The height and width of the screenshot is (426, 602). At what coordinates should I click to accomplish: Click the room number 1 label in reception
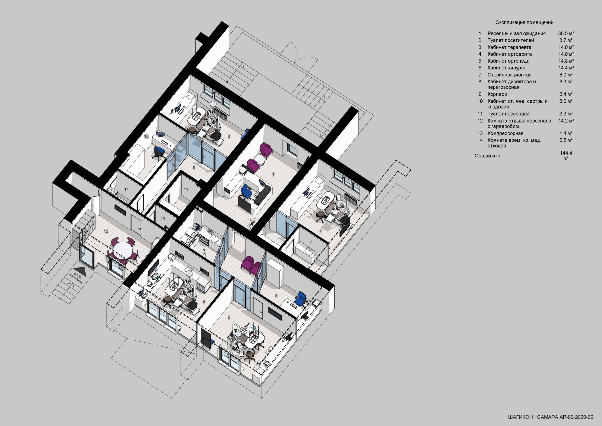coord(273,174)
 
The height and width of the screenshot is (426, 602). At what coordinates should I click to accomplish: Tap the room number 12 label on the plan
coord(106,231)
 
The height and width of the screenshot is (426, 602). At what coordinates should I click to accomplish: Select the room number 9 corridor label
coord(194,168)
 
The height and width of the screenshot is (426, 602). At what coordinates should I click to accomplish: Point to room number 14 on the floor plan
coord(126,189)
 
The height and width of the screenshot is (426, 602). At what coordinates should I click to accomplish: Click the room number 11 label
coord(186,189)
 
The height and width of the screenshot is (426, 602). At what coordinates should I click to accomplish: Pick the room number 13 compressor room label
coord(163,219)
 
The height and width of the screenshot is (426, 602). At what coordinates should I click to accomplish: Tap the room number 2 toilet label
coord(311,242)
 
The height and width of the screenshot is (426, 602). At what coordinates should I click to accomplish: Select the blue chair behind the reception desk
coord(246,191)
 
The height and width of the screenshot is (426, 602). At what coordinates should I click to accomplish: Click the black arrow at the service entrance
coord(80,270)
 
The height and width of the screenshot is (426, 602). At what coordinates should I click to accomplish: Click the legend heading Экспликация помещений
coord(524,23)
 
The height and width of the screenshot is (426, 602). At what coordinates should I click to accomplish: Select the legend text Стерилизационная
coord(509,75)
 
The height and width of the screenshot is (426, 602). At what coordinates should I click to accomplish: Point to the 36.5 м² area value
coord(566,34)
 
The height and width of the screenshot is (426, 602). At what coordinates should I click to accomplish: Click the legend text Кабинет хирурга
coord(506,68)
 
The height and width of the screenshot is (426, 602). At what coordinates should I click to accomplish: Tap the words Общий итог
coord(488,156)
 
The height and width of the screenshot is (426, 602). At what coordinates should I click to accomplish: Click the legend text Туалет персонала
coord(508,114)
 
